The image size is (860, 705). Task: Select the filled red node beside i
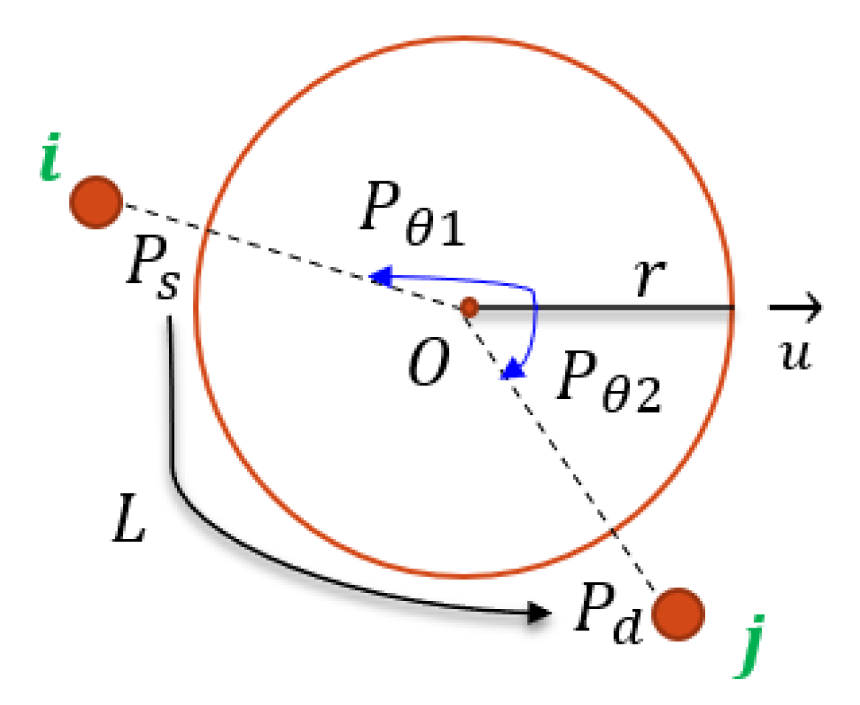(96, 202)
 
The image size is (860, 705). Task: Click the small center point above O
(469, 308)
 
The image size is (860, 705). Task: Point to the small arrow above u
(796, 306)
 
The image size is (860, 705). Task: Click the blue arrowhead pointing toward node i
(380, 277)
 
